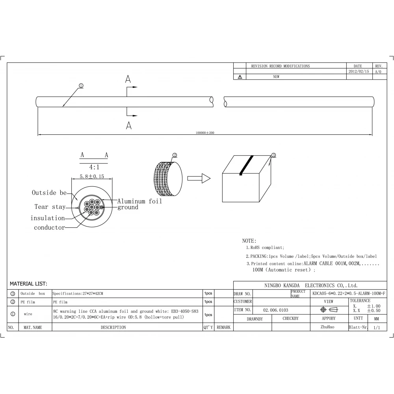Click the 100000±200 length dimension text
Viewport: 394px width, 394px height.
click(205, 133)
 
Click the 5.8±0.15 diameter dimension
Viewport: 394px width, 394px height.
click(92, 177)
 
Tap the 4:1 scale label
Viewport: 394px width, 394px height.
click(94, 167)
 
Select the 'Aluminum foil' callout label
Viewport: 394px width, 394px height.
click(139, 201)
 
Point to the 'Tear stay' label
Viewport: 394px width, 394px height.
click(50, 207)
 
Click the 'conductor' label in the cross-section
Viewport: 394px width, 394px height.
click(49, 227)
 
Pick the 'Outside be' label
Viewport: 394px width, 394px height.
click(49, 193)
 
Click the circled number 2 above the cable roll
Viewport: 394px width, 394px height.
click(175, 155)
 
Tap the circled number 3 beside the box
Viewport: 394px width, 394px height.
click(274, 155)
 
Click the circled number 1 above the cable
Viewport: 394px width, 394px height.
click(81, 85)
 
